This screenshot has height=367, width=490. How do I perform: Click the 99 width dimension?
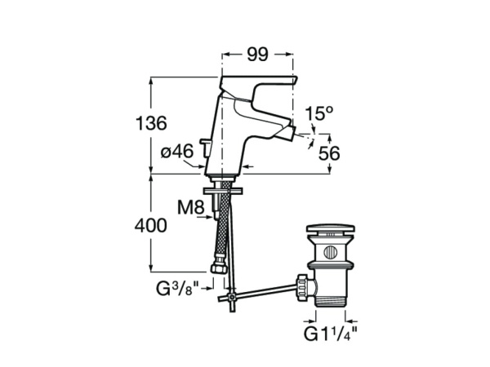(x=257, y=55)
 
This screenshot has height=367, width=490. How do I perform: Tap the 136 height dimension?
(x=151, y=123)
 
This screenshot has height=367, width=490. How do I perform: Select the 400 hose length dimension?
(x=150, y=225)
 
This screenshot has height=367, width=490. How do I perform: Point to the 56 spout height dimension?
(x=329, y=153)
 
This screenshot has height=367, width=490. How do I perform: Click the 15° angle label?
(x=319, y=113)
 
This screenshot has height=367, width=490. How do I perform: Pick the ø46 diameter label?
(x=177, y=152)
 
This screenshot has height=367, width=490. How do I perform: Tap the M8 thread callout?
(x=191, y=207)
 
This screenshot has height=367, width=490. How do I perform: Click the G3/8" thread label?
(x=177, y=289)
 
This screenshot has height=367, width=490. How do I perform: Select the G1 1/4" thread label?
(x=331, y=334)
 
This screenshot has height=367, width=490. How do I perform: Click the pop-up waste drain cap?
(x=330, y=229)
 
